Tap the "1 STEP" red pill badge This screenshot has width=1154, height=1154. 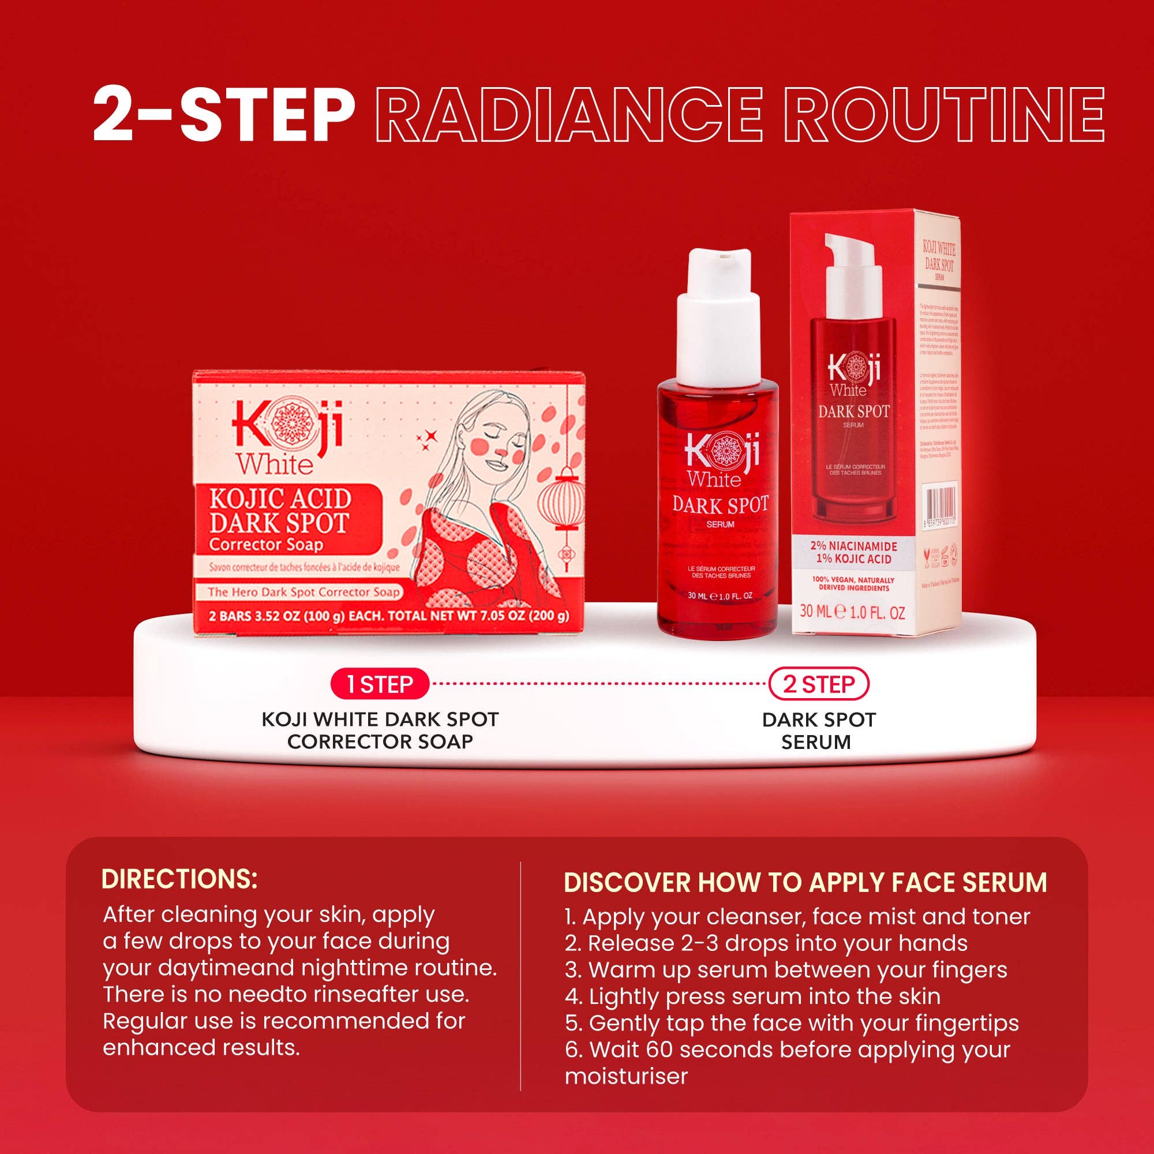(379, 684)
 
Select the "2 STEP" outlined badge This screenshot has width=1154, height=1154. (818, 684)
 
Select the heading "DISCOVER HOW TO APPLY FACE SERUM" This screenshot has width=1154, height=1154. (805, 883)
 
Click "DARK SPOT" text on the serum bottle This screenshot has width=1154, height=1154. (720, 505)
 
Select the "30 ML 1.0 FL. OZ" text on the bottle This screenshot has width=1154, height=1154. (720, 595)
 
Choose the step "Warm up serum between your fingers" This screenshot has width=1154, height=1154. (786, 970)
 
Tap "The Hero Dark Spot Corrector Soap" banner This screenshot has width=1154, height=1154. (303, 593)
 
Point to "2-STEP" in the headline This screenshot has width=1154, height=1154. (223, 114)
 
